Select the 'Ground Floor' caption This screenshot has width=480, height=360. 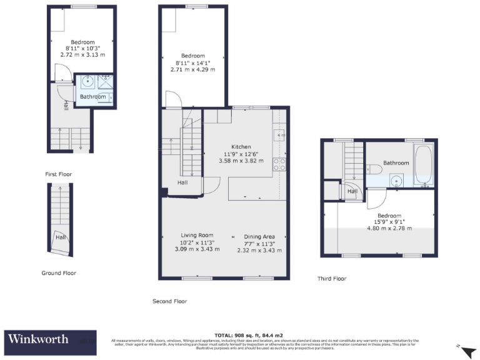tap(59, 273)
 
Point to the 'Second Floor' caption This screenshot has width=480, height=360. tap(169, 301)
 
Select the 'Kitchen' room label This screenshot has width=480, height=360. tap(241, 146)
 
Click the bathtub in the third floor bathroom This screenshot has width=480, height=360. tap(423, 166)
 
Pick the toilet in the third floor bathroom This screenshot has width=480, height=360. tap(375, 168)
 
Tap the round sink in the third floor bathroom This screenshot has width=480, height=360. tap(396, 181)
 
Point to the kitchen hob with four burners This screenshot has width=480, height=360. tap(279, 164)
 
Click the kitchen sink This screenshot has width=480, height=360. tap(279, 134)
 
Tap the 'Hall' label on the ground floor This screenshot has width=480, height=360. tap(61, 237)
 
